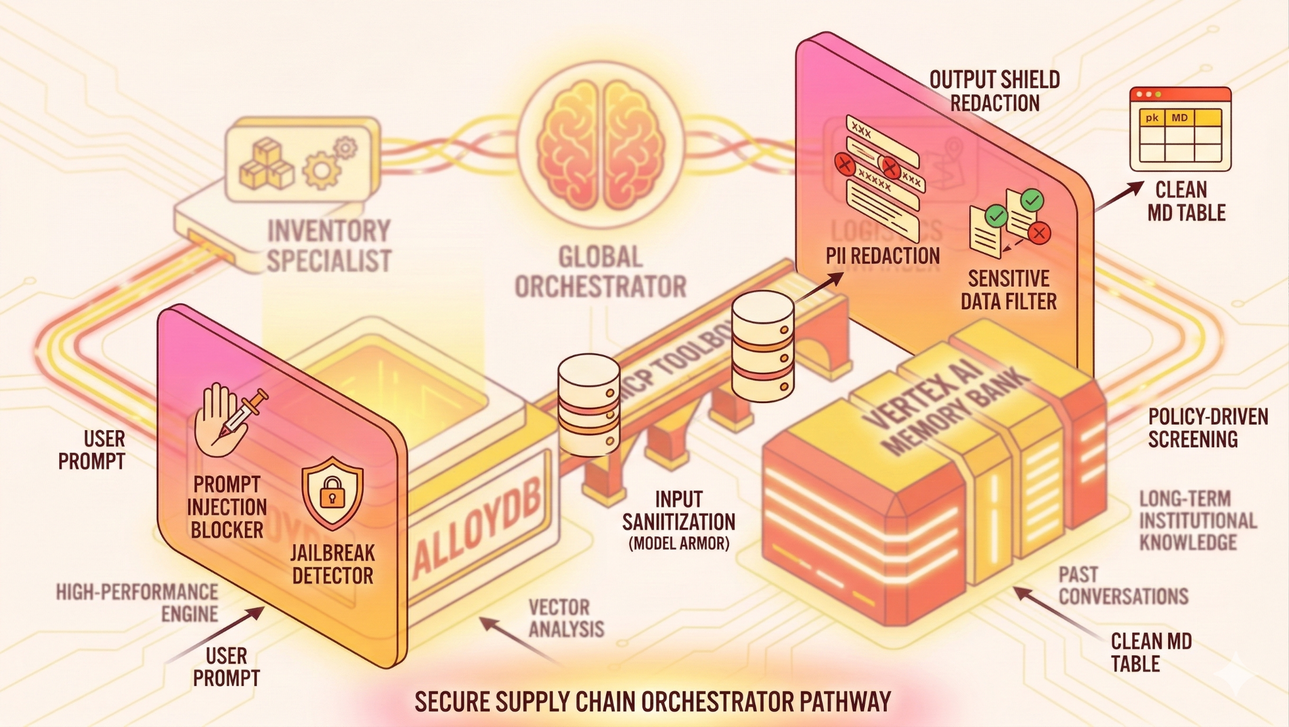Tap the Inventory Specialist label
click(329, 246)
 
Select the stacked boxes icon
click(266, 164)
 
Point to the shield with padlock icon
click(332, 492)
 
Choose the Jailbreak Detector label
click(332, 564)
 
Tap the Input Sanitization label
click(678, 521)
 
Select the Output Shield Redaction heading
click(994, 91)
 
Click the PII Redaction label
click(882, 256)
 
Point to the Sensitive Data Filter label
click(1008, 290)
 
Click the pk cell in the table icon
click(1152, 118)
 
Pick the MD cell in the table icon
click(1179, 118)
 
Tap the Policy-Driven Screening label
click(1208, 428)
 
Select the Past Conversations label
click(1123, 585)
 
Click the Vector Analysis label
click(566, 618)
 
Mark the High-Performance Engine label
click(137, 602)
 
